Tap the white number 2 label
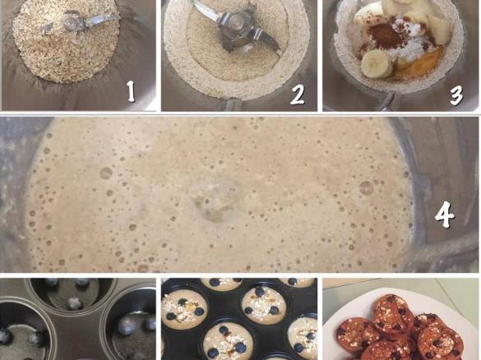click(x=297, y=94)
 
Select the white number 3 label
click(x=456, y=95)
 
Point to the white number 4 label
click(x=445, y=215)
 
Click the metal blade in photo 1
click(x=79, y=24)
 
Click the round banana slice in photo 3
click(x=377, y=64)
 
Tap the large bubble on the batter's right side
click(x=366, y=187)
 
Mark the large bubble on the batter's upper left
click(x=106, y=173)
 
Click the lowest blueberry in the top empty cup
click(x=73, y=304)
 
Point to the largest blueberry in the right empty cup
click(x=124, y=324)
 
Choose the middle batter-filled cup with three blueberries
click(x=263, y=303)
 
